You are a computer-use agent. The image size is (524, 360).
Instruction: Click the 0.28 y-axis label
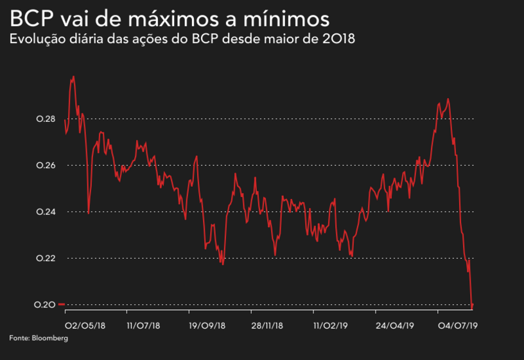46,119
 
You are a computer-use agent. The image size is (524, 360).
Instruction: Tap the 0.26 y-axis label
46,166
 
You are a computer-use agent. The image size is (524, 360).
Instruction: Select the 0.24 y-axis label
46,212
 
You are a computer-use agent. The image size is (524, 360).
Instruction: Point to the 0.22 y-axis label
46,258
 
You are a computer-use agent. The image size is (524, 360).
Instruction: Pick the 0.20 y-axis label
46,304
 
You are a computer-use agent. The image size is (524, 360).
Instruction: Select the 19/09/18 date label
206,326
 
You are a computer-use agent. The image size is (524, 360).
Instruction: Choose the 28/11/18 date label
268,326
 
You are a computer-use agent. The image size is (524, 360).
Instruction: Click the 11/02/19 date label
329,326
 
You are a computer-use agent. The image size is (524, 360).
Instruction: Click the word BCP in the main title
30,17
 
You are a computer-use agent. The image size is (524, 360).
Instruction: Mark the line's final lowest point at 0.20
472,307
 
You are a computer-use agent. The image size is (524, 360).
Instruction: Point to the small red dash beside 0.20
62,304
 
